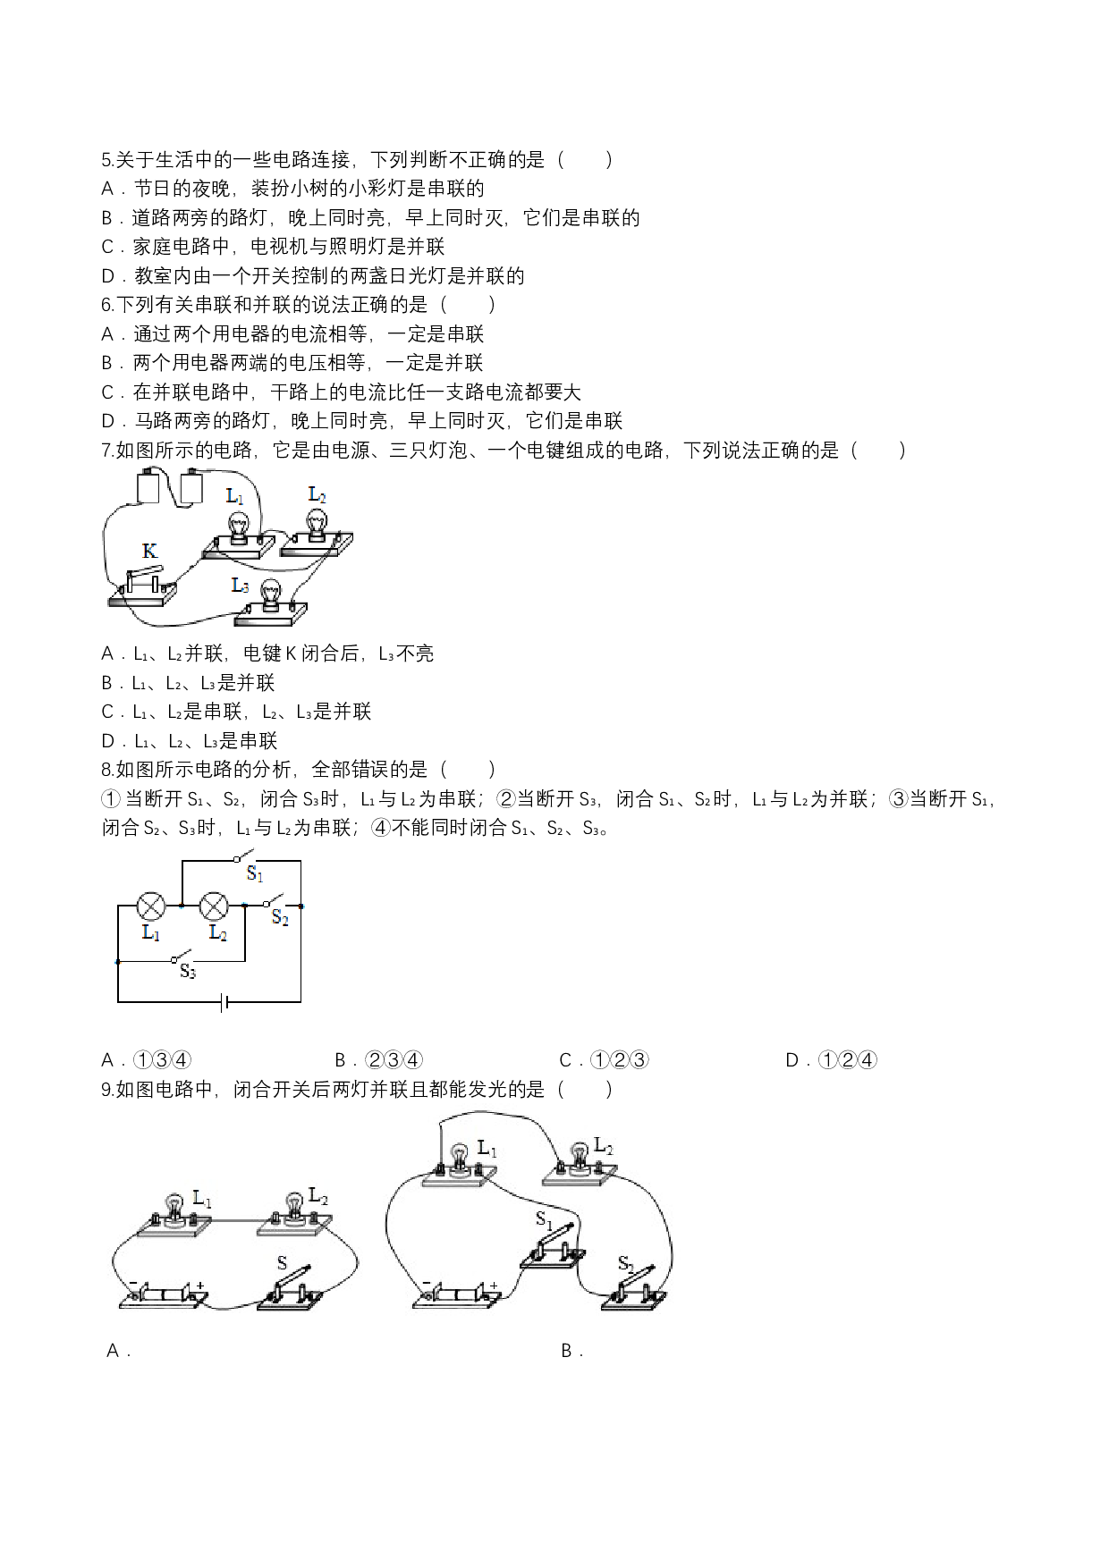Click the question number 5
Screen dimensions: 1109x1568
click(x=106, y=160)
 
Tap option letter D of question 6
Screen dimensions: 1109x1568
click(x=108, y=421)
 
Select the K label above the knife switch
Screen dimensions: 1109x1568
click(x=149, y=551)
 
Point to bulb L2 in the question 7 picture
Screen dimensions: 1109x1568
click(x=316, y=523)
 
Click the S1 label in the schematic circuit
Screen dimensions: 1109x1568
click(x=255, y=873)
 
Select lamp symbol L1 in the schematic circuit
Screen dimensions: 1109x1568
click(x=150, y=906)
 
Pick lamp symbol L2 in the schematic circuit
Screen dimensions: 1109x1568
click(x=214, y=906)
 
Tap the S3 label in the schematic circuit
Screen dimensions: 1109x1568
click(x=187, y=972)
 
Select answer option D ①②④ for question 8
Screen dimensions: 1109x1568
click(x=831, y=1060)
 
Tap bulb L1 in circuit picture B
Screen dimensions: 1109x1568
click(x=460, y=1160)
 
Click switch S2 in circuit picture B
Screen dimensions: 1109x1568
click(x=636, y=1287)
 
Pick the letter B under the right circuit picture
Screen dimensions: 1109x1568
click(x=567, y=1351)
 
